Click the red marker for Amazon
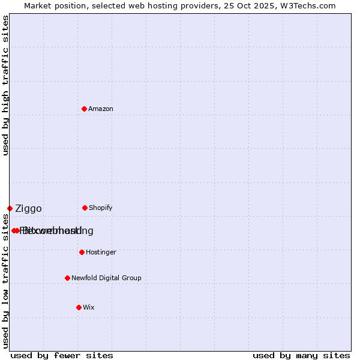point(84,109)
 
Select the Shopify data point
point(85,208)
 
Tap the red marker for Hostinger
point(82,252)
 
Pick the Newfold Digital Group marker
point(67,278)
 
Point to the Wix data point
point(79,307)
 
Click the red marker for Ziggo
point(10,208)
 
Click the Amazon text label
point(101,109)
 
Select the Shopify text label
point(101,208)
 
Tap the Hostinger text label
point(101,252)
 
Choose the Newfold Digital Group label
point(106,278)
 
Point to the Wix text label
point(89,307)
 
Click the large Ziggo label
point(28,209)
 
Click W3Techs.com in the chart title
point(307,5)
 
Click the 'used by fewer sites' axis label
point(62,356)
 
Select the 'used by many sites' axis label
point(301,356)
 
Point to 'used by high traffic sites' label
point(5,85)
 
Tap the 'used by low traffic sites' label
point(5,281)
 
